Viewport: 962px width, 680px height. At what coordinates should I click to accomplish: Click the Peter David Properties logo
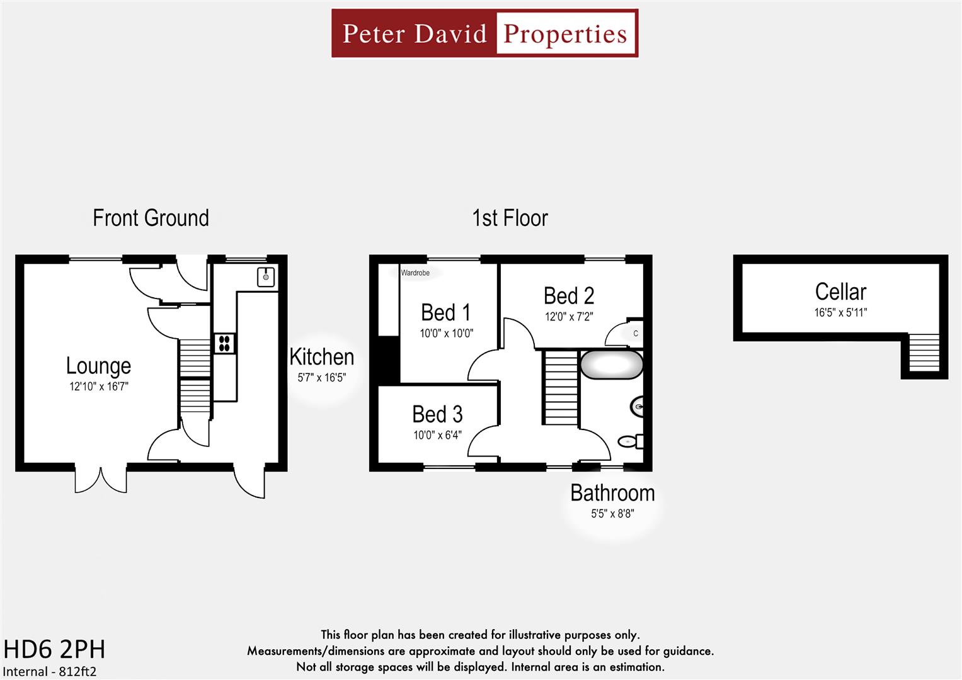click(x=484, y=33)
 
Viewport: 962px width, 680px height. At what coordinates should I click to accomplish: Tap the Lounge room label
click(x=99, y=366)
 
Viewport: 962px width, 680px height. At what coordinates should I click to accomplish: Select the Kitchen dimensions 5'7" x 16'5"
click(x=321, y=378)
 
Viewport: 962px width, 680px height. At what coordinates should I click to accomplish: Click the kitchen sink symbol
click(x=266, y=276)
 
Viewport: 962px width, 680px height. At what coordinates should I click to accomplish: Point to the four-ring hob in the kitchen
click(x=224, y=343)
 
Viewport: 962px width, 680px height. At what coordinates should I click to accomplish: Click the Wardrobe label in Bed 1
click(x=415, y=273)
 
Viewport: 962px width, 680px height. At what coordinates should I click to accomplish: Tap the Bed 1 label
click(x=446, y=312)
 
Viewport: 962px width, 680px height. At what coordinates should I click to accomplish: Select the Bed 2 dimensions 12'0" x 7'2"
click(x=569, y=317)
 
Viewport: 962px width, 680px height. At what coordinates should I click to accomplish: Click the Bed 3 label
click(x=437, y=414)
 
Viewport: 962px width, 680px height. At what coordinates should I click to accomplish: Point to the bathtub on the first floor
click(x=611, y=365)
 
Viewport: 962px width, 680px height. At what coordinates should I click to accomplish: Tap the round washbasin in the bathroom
click(x=638, y=407)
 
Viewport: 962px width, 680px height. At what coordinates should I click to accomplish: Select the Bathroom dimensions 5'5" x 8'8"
click(x=612, y=514)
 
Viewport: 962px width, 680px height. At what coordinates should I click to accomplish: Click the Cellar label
click(x=840, y=292)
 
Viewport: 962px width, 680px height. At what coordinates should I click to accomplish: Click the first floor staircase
click(x=561, y=388)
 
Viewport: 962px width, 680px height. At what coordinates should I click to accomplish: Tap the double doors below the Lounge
click(x=101, y=480)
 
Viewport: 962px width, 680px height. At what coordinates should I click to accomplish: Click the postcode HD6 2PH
click(x=54, y=649)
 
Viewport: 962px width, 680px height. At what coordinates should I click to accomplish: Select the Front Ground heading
click(x=151, y=218)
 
